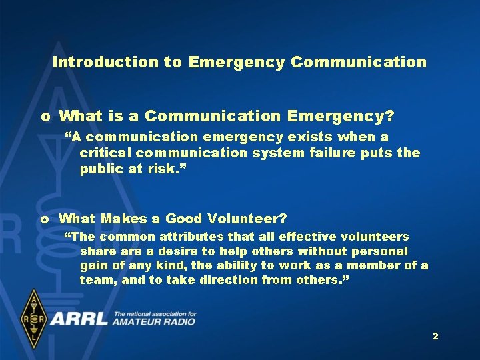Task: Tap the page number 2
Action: click(x=435, y=337)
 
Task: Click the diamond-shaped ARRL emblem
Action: click(x=33, y=319)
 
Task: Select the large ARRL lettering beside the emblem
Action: click(x=79, y=318)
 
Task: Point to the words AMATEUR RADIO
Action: click(x=154, y=322)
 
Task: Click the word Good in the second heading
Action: click(x=185, y=219)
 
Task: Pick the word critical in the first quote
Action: click(x=106, y=153)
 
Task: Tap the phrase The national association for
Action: click(x=155, y=313)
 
